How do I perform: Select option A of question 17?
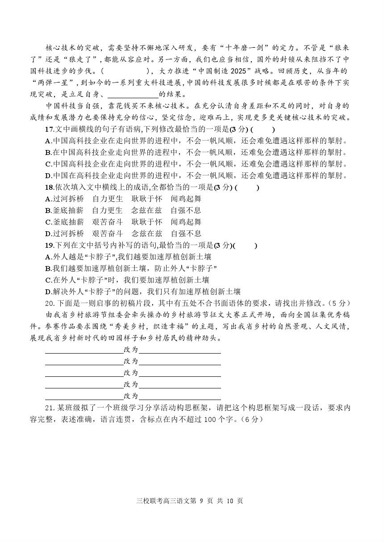(x=48, y=141)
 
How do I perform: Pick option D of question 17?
(x=48, y=175)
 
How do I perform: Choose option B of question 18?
(x=48, y=210)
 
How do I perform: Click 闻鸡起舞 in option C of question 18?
(x=186, y=222)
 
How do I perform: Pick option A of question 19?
(x=48, y=257)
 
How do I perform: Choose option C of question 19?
(x=48, y=280)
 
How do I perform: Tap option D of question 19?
(x=48, y=292)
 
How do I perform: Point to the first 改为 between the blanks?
(x=131, y=350)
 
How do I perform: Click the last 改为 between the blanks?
(x=131, y=396)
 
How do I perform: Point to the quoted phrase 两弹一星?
(x=53, y=83)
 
